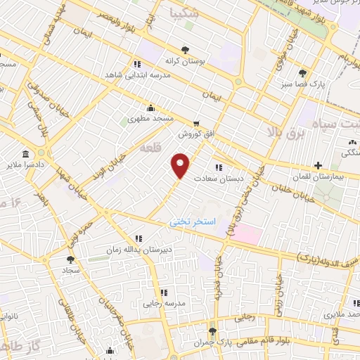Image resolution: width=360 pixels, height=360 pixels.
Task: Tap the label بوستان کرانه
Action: (x=184, y=60)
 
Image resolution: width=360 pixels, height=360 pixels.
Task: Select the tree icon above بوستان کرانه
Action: (x=184, y=50)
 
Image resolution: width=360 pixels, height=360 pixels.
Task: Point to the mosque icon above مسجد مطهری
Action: (x=150, y=108)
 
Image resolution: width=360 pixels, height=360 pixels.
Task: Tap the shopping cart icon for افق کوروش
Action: (x=195, y=122)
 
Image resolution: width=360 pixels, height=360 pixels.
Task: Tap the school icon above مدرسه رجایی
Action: (x=164, y=292)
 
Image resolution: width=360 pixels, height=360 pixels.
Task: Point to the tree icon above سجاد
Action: (x=72, y=259)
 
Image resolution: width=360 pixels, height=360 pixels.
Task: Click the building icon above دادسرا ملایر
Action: (x=26, y=154)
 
